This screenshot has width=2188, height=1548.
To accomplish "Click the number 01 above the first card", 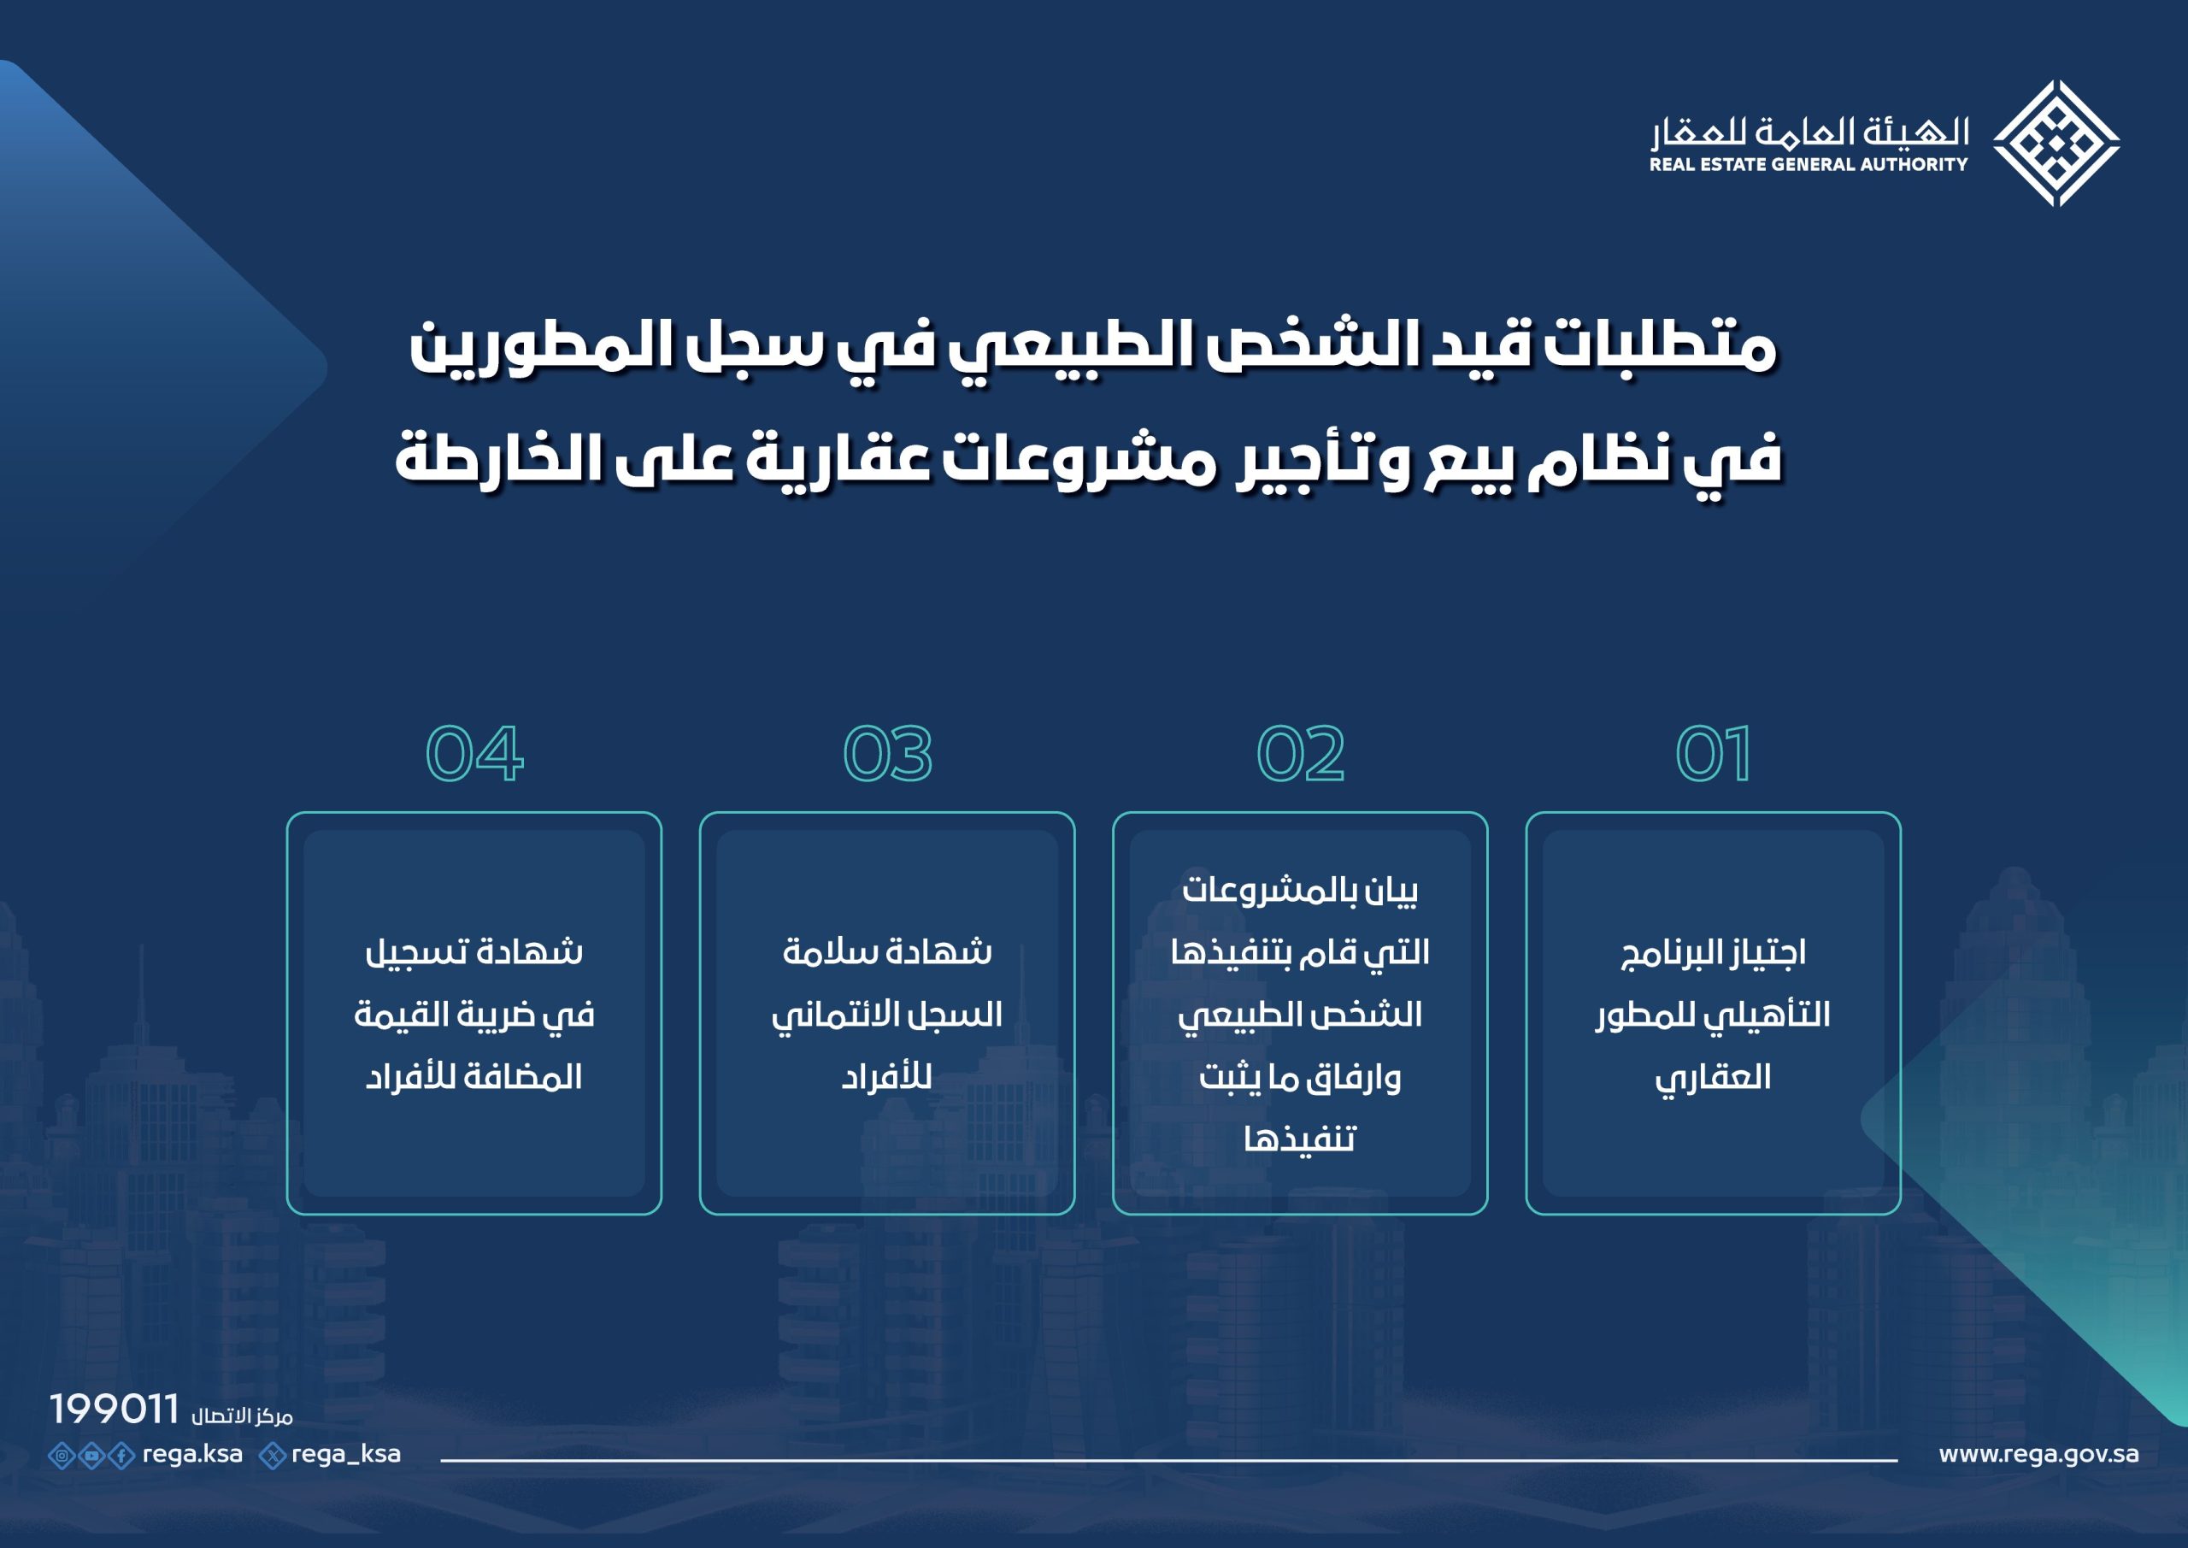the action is (1713, 754).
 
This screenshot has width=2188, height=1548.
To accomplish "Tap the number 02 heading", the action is (1300, 754).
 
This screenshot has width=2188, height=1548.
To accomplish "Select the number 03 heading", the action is (887, 754).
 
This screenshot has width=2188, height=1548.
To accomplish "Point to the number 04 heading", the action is (473, 754).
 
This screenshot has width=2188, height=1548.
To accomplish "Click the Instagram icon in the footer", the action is (62, 1456).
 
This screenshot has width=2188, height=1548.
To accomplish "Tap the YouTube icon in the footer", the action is (91, 1456).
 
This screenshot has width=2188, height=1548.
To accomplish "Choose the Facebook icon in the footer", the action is (122, 1456).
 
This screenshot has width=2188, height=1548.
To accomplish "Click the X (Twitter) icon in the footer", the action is (273, 1456).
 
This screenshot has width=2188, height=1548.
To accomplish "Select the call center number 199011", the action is (115, 1409).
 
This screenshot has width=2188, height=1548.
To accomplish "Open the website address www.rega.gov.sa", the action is (2038, 1455).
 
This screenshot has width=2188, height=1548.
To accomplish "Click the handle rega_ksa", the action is (346, 1455).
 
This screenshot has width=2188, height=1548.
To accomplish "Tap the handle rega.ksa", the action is (192, 1455).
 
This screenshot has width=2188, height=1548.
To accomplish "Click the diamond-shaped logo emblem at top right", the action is (2056, 144).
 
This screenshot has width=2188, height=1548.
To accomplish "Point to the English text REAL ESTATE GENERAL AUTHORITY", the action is (1809, 165).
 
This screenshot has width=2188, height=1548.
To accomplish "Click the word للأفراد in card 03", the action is (886, 1077).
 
